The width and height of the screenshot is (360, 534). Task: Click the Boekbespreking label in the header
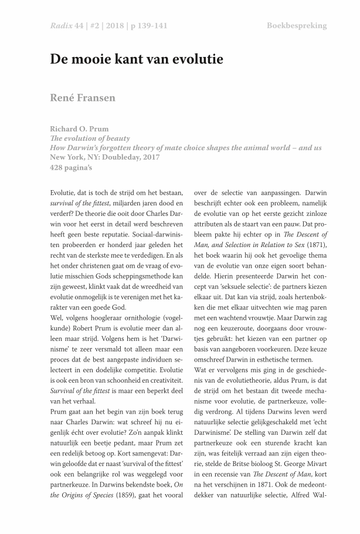tap(297, 26)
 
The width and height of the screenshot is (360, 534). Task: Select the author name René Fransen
tap(82, 97)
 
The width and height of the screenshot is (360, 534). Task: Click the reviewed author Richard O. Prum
tap(80, 129)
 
